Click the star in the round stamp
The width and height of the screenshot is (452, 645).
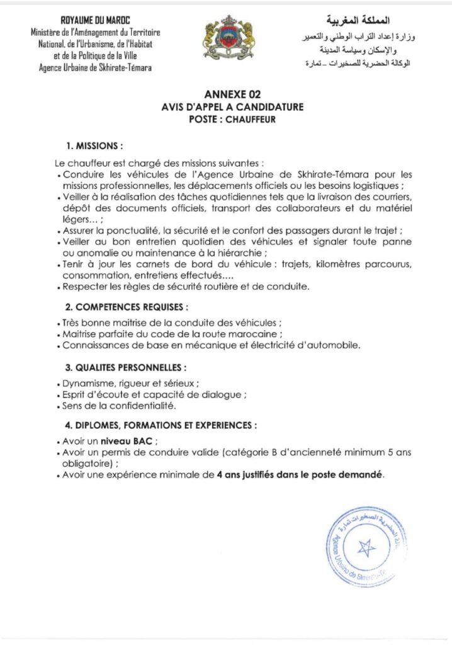(366, 547)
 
